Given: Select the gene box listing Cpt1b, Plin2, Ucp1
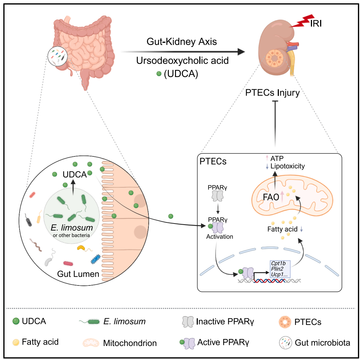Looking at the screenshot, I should [x=280, y=269].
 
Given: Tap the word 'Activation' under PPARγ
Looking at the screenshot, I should [x=220, y=237].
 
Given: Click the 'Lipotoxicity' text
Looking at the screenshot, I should [x=288, y=166].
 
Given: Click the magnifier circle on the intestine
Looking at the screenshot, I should [x=57, y=55].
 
